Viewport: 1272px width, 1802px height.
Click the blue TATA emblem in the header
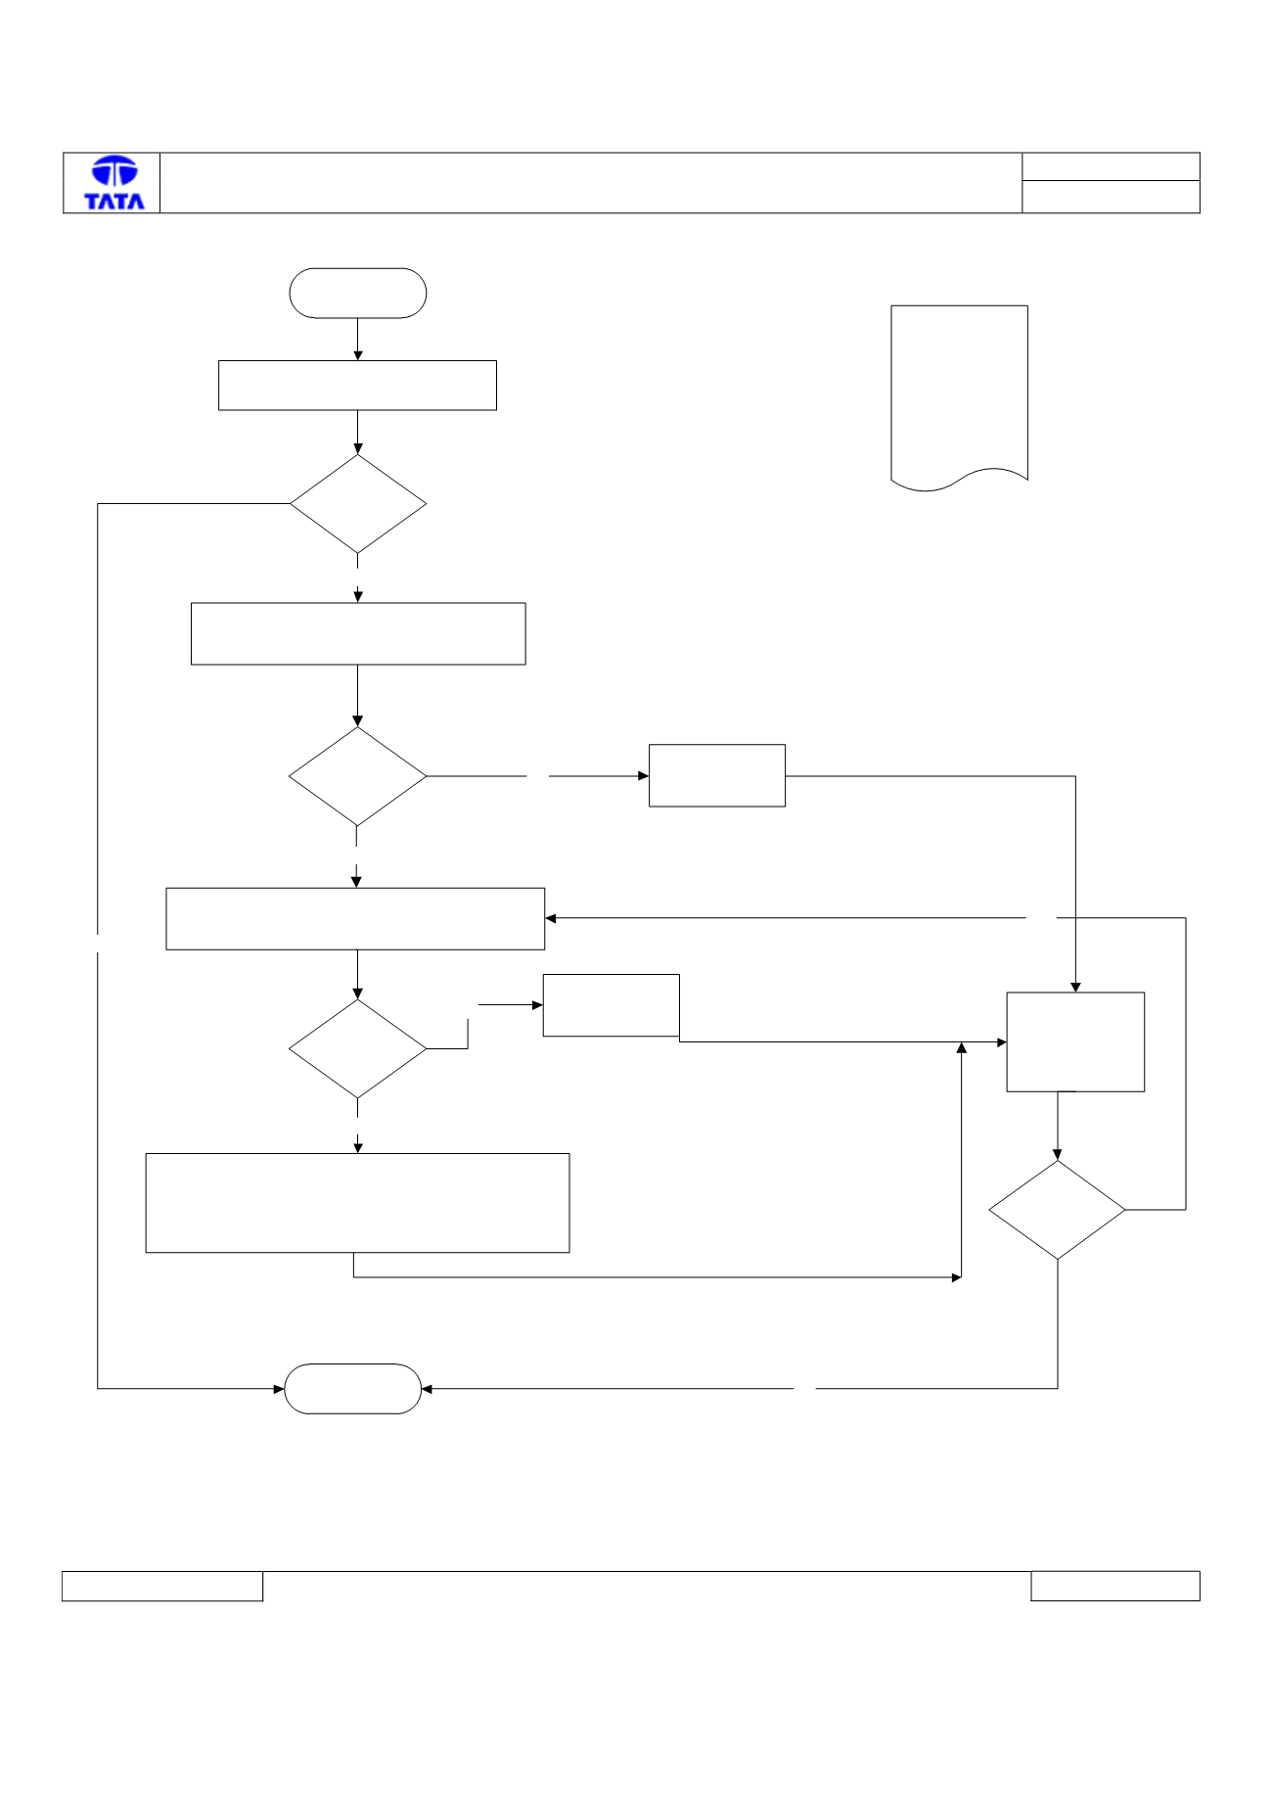click(x=114, y=171)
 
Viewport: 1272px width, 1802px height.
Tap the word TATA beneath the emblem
click(x=114, y=201)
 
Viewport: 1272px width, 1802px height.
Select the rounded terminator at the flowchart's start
click(x=358, y=293)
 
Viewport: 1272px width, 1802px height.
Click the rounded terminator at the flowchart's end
click(x=352, y=1388)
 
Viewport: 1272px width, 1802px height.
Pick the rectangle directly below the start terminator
click(x=357, y=386)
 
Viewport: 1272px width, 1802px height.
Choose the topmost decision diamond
click(x=358, y=504)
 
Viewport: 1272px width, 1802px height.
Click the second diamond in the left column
click(x=358, y=776)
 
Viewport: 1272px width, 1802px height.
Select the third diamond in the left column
click(x=358, y=1048)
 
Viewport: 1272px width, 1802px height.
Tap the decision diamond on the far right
click(x=1057, y=1210)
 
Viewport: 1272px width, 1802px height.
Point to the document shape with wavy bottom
click(x=959, y=396)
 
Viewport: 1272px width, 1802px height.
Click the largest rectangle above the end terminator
click(x=357, y=1203)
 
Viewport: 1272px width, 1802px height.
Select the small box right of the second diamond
click(x=717, y=775)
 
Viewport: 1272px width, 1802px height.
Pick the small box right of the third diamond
click(x=612, y=1005)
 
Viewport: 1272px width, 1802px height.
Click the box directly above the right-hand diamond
click(x=1075, y=1041)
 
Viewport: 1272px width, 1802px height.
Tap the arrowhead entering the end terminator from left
click(x=279, y=1389)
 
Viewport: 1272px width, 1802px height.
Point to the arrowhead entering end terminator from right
click(x=428, y=1389)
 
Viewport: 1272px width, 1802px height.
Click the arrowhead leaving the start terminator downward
click(x=358, y=354)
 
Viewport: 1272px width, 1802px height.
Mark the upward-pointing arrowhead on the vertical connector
click(x=962, y=1048)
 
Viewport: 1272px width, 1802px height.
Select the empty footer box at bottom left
click(x=162, y=1586)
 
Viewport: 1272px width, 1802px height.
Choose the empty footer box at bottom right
click(x=1115, y=1586)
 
